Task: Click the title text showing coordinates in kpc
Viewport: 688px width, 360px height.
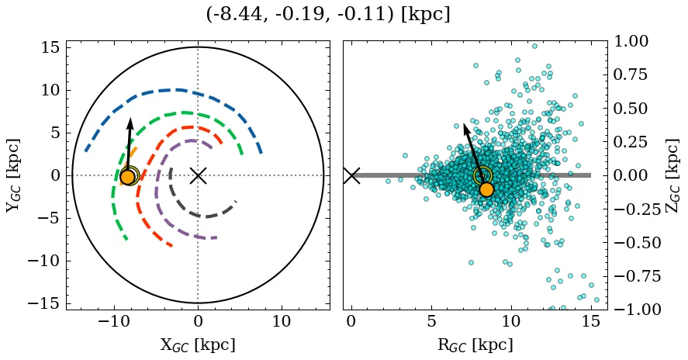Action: coord(328,15)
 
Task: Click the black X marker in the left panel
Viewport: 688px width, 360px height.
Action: coord(198,175)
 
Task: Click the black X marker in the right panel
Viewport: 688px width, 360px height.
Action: coord(351,175)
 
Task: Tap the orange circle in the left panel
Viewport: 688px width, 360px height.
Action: coord(128,177)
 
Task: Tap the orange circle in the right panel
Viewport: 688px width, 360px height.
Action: coord(486,189)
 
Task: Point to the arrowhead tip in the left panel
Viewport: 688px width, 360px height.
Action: coord(130,119)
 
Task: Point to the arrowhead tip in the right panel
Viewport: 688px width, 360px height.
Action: coord(464,123)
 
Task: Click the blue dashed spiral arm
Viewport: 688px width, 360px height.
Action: coord(178,91)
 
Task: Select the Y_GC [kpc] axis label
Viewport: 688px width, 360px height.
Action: coord(13,175)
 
